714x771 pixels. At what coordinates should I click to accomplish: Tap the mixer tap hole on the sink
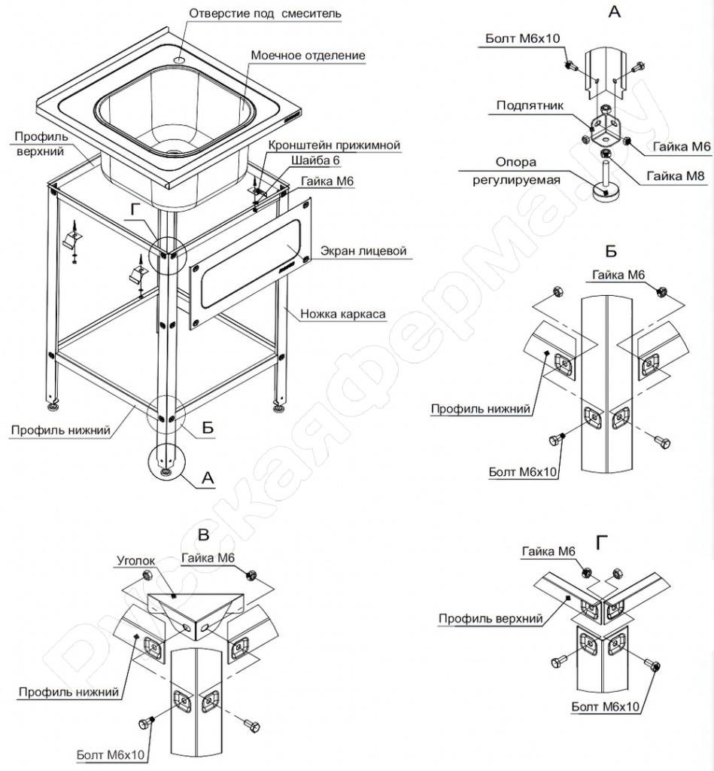click(x=181, y=59)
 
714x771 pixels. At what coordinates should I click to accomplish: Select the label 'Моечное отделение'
click(x=308, y=56)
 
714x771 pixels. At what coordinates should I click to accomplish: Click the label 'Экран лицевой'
click(x=363, y=250)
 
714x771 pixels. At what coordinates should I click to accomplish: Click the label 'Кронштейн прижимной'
click(x=334, y=145)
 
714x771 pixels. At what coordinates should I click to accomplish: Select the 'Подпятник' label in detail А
click(x=529, y=105)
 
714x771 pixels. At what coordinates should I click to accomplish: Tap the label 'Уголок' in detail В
click(x=135, y=561)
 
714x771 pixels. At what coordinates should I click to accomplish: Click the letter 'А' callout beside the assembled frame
click(x=209, y=477)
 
